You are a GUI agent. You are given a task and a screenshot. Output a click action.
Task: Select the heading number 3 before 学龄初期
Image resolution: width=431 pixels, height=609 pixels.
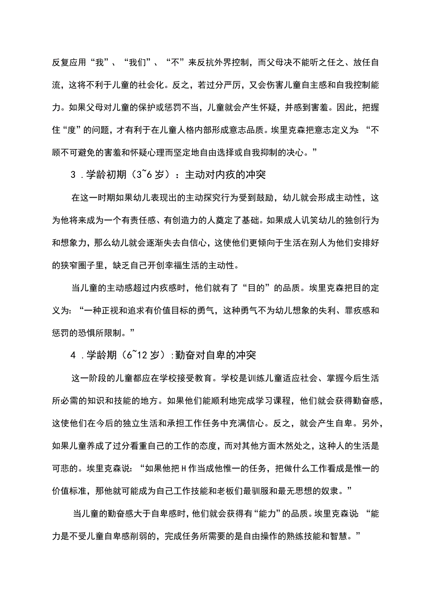pyautogui.click(x=73, y=175)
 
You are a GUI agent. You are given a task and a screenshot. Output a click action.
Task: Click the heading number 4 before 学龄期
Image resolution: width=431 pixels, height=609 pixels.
pyautogui.click(x=73, y=355)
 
